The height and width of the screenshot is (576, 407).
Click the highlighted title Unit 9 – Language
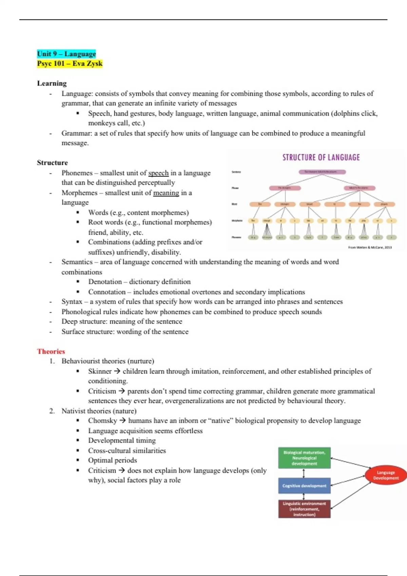(66, 54)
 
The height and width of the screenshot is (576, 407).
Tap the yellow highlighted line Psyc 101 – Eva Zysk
(70, 64)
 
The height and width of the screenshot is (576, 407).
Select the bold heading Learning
(52, 83)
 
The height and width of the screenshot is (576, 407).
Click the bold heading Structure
(52, 163)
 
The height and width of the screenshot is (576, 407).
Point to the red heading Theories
(51, 351)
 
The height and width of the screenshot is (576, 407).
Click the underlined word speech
(158, 173)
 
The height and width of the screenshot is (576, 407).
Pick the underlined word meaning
(166, 193)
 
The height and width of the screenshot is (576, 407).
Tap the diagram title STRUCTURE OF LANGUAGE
(321, 158)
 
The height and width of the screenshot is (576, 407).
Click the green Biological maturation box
(304, 458)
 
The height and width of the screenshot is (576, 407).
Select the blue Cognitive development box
(304, 486)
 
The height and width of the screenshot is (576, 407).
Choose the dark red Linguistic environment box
(304, 509)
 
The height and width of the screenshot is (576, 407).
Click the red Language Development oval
(386, 475)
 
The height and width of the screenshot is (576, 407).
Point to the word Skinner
(100, 371)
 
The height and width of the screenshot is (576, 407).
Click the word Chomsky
(102, 421)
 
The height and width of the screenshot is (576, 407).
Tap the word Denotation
(105, 282)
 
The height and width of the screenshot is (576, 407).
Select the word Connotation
(107, 292)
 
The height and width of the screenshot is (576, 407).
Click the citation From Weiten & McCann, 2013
(370, 247)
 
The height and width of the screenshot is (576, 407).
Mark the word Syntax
(72, 302)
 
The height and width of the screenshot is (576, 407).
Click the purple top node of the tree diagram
(322, 172)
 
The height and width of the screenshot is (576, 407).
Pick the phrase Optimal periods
(113, 460)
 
